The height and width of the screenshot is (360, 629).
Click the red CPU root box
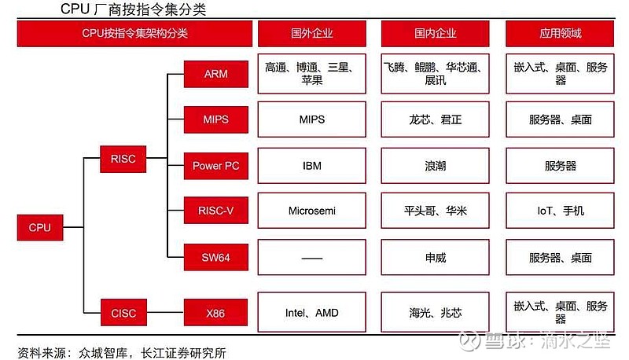tap(40, 227)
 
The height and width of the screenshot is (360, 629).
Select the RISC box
tap(123, 159)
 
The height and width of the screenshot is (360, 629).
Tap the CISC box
tap(123, 313)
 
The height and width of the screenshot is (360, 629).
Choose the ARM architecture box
tap(215, 74)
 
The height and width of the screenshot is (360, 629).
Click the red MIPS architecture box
tap(215, 119)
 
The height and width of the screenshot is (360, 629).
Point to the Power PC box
tap(215, 166)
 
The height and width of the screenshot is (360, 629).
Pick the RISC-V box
tap(215, 211)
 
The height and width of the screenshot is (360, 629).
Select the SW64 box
tap(215, 257)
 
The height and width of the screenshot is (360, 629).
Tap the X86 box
tap(215, 313)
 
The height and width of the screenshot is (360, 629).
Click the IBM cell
tap(311, 166)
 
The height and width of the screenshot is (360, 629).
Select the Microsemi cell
tap(311, 211)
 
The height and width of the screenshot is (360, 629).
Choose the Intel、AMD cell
tap(311, 312)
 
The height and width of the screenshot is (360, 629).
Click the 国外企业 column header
tap(311, 33)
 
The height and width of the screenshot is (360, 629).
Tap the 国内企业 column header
tap(436, 33)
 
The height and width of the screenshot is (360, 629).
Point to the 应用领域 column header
tap(560, 33)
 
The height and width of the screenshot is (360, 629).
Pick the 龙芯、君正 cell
tap(436, 119)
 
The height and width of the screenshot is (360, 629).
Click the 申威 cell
tap(436, 257)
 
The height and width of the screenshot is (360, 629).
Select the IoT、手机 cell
tap(560, 211)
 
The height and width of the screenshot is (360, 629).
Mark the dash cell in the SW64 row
tap(311, 257)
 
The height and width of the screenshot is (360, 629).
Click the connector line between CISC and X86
tap(165, 312)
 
